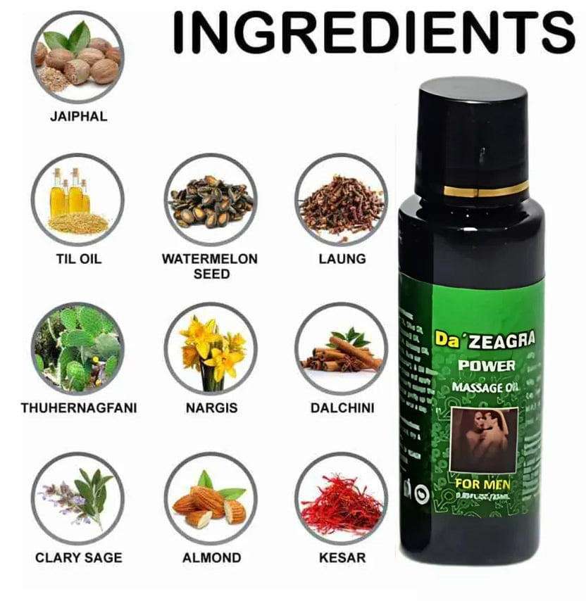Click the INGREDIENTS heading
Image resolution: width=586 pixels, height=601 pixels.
[x=373, y=32]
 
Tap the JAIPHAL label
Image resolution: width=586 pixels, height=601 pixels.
[x=78, y=116]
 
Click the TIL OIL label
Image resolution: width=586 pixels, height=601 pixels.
[x=78, y=258]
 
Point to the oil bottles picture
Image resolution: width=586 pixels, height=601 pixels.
[x=77, y=200]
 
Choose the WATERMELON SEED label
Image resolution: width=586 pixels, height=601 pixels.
[x=211, y=265]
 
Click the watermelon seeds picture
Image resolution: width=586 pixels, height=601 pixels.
[x=211, y=200]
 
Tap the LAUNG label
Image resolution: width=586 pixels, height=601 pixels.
[x=342, y=258]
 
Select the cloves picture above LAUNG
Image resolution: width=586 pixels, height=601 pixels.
[x=341, y=200]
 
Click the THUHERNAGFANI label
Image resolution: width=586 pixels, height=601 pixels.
[x=78, y=407]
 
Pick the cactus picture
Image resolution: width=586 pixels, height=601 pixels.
[x=77, y=348]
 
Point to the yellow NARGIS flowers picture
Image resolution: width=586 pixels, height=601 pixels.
[x=211, y=348]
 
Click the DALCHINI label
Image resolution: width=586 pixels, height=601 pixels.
[x=342, y=407]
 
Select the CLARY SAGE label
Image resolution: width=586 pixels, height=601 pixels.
[x=78, y=557]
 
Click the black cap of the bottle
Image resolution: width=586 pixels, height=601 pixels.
[x=471, y=130]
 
